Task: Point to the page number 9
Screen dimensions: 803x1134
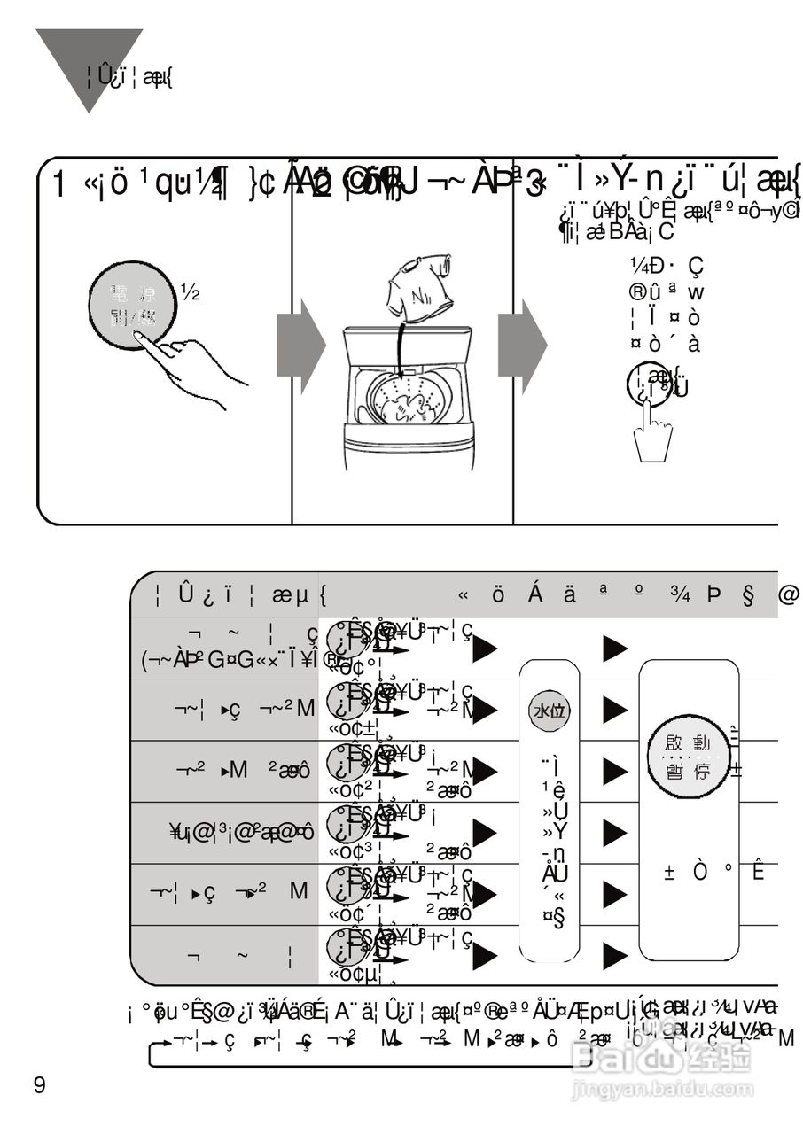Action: coord(39,1085)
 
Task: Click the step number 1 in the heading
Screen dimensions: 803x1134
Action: coord(58,185)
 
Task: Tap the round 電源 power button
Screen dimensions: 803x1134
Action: coord(133,306)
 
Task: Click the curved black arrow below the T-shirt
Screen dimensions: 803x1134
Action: coord(401,354)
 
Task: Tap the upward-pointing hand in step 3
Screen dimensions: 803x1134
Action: coord(653,434)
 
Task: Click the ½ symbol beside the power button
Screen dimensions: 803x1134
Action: coord(190,290)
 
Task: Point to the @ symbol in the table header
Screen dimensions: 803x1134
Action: coord(788,594)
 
